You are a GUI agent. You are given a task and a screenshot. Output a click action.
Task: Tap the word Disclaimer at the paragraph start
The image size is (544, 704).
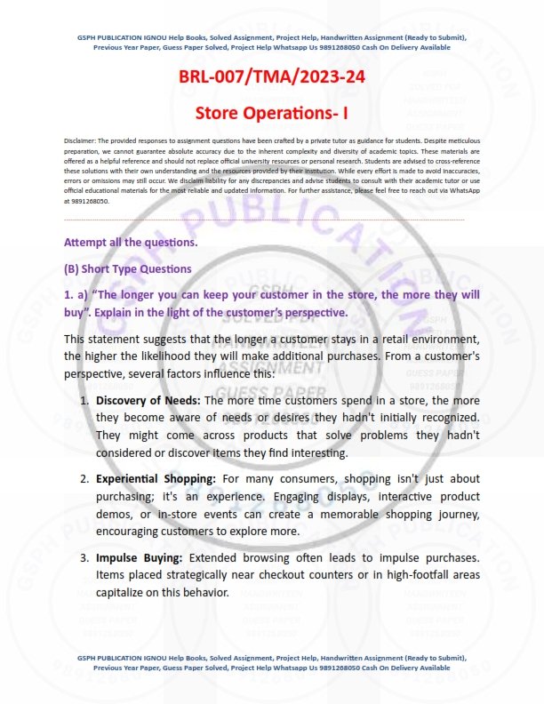[81, 142]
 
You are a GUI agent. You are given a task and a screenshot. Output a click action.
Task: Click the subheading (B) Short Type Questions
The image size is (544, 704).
[127, 268]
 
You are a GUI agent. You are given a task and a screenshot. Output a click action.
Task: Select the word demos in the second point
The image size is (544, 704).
[115, 514]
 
